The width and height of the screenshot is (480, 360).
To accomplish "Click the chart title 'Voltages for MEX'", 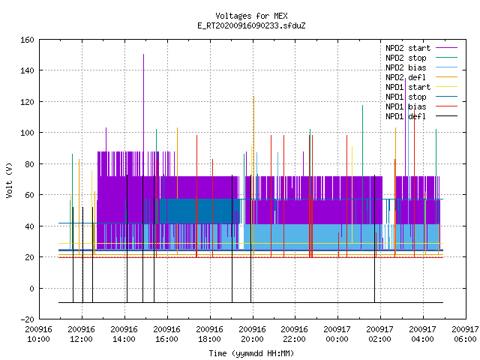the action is click(x=251, y=16).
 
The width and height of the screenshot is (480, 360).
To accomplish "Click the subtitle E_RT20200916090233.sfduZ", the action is click(x=251, y=25).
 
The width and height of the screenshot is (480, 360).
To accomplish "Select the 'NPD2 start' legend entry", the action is click(x=421, y=48).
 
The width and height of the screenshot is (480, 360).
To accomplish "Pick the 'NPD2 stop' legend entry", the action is click(x=421, y=58).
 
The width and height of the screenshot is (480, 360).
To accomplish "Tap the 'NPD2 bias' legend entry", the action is click(x=421, y=67).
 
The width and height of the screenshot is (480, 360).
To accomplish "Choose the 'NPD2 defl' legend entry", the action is click(x=421, y=77).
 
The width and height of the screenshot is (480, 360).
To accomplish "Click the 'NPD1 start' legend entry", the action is click(x=421, y=87).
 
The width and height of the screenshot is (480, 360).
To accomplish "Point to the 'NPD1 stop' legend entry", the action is click(x=421, y=97).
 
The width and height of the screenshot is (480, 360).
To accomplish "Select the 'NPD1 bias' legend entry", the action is click(x=421, y=106).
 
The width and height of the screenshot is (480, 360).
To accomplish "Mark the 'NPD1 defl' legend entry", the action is click(x=421, y=117).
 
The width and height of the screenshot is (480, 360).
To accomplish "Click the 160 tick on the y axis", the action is click(x=27, y=40).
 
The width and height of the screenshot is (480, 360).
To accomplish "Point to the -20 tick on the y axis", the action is click(x=27, y=319).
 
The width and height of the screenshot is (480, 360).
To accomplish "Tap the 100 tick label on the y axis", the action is click(x=27, y=133).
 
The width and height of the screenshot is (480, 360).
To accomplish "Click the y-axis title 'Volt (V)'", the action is click(x=9, y=180).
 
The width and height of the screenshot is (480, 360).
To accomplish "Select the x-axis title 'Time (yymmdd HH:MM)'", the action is click(x=251, y=353).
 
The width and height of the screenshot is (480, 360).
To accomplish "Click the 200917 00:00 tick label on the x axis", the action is click(x=337, y=334).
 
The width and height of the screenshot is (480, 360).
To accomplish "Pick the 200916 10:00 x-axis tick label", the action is click(x=38, y=334).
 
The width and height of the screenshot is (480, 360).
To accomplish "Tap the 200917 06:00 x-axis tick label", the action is click(x=465, y=334).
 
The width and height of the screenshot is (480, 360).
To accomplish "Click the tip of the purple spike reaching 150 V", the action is click(x=143, y=55).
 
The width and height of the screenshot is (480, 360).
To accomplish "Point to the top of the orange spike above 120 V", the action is click(x=253, y=97).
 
